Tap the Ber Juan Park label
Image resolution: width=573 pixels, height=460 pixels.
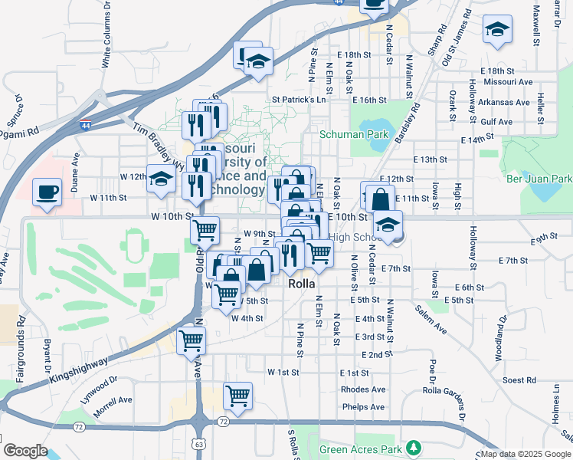pyautogui.click(x=539, y=179)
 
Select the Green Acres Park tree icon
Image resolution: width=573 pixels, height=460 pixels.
pyautogui.click(x=414, y=447)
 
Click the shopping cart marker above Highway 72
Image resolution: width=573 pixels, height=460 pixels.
pyautogui.click(x=238, y=397)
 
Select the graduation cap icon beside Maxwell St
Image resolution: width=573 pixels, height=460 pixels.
pyautogui.click(x=497, y=31)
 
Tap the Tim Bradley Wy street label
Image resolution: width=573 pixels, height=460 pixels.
pyautogui.click(x=159, y=143)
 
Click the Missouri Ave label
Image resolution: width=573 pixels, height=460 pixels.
pyautogui.click(x=512, y=81)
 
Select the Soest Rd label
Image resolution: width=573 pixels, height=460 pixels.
pyautogui.click(x=519, y=380)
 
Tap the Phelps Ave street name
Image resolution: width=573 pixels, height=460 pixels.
pyautogui.click(x=363, y=407)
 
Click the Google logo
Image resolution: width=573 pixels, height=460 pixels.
pyautogui.click(x=25, y=451)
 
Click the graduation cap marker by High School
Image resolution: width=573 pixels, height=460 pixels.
pyautogui.click(x=388, y=227)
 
